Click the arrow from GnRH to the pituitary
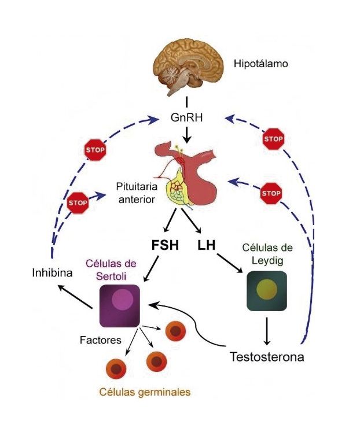click(186, 135)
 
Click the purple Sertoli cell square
click(120, 305)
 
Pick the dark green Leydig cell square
click(266, 291)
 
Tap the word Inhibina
click(52, 272)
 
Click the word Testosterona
click(266, 356)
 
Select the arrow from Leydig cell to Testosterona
click(267, 330)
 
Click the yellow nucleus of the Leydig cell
click(266, 290)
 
